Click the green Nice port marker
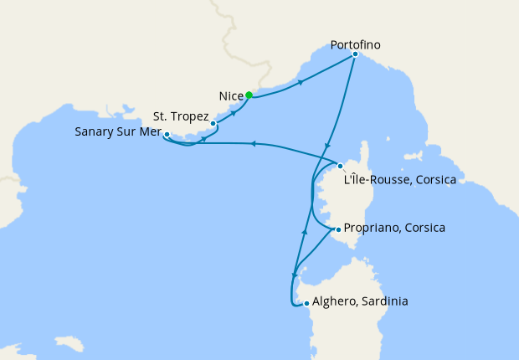pyautogui.click(x=249, y=95)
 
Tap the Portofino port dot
pyautogui.click(x=355, y=54)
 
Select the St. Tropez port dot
pyautogui.click(x=213, y=123)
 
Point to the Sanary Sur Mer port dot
pyautogui.click(x=167, y=134)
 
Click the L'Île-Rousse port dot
pyautogui.click(x=340, y=166)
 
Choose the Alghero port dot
pyautogui.click(x=307, y=303)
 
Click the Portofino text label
pyautogui.click(x=358, y=43)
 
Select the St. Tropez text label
pyautogui.click(x=180, y=116)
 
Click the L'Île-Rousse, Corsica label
pyautogui.click(x=399, y=178)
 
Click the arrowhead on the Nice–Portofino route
pyautogui.click(x=301, y=82)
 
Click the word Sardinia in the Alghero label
pyautogui.click(x=382, y=301)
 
